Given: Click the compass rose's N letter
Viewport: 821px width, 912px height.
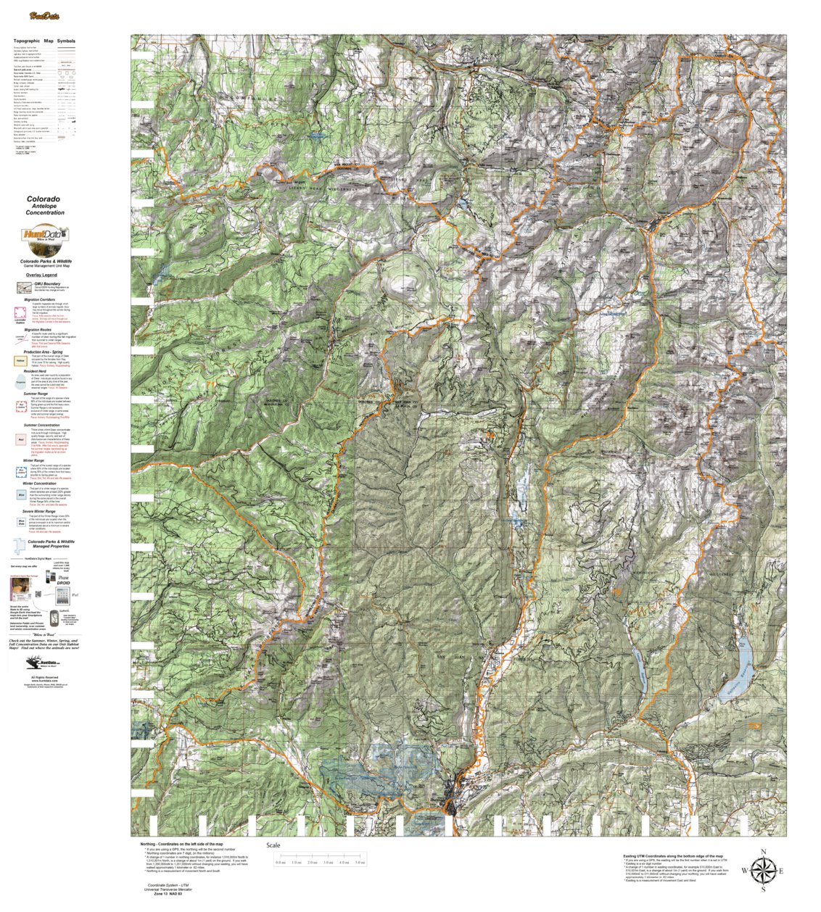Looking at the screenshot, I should pyautogui.click(x=763, y=852).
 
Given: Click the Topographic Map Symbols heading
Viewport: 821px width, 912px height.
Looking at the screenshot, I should pyautogui.click(x=44, y=41).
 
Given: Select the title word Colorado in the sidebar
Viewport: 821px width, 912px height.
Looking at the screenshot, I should pyautogui.click(x=44, y=198).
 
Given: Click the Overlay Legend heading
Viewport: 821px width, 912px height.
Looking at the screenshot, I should pyautogui.click(x=41, y=275).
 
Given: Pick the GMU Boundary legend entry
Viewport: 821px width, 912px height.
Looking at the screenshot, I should pyautogui.click(x=45, y=283).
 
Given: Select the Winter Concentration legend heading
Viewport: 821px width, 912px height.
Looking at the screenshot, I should pyautogui.click(x=45, y=484).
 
